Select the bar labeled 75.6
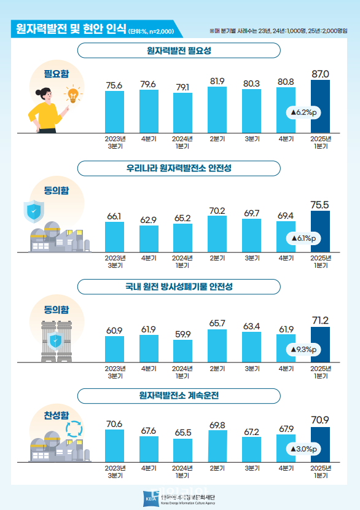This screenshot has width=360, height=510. click(114, 113)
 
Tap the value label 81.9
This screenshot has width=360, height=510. click(216, 80)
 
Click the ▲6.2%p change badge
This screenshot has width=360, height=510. click(302, 112)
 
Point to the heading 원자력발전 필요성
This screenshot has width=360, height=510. click(179, 51)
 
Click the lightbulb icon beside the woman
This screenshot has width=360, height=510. click(73, 95)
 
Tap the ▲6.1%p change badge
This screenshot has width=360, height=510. click(302, 238)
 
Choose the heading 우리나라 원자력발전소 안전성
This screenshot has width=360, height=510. click(179, 168)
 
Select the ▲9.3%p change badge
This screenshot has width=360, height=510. click(302, 350)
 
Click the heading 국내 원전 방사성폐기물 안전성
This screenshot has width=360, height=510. click(179, 287)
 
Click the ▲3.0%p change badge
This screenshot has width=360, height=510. click(302, 449)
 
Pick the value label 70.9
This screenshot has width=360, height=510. click(321, 420)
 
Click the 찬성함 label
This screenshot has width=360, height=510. click(57, 417)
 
